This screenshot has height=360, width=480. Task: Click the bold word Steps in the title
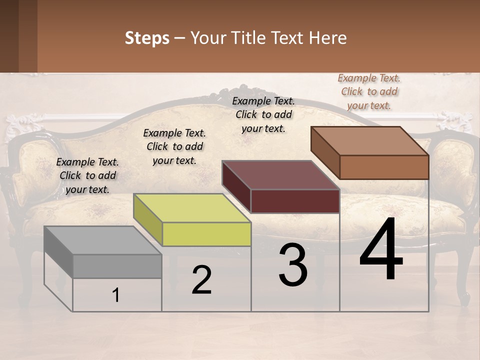pos(147,38)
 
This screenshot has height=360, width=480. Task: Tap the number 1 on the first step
pos(116,295)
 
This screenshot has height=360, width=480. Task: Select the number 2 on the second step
pos(201,280)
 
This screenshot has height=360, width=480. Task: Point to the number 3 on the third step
pos(293,265)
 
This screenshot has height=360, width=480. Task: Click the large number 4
pos(381,250)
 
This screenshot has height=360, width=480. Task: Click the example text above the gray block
pos(87,175)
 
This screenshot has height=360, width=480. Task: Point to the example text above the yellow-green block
pos(174,146)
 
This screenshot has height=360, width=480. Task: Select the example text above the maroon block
pos(263,114)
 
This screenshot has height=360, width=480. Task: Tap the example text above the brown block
pos(369,91)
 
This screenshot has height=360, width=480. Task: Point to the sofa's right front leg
pos(463,290)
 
